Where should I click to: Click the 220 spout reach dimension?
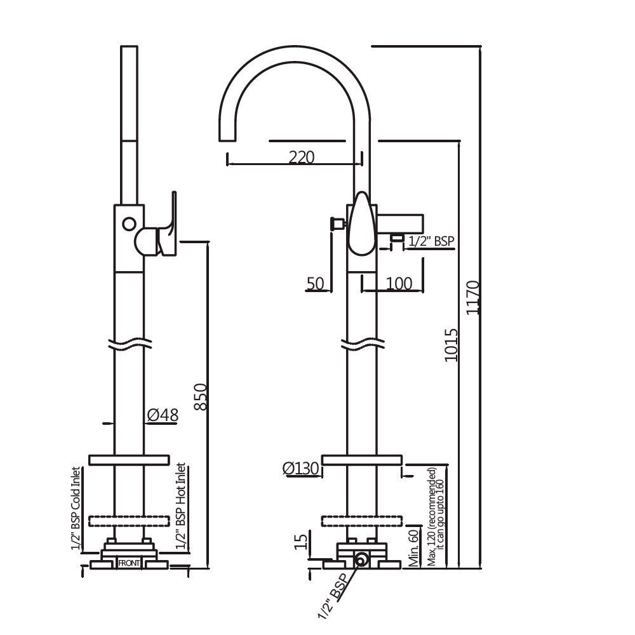click(x=302, y=156)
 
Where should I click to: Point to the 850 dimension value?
click(x=200, y=397)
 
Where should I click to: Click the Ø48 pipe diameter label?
click(x=163, y=415)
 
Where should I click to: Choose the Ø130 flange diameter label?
click(x=300, y=469)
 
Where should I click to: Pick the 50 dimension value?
click(x=316, y=283)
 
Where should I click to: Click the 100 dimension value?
click(x=399, y=283)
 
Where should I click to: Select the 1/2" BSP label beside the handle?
click(x=432, y=241)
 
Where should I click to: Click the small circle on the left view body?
click(x=129, y=224)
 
